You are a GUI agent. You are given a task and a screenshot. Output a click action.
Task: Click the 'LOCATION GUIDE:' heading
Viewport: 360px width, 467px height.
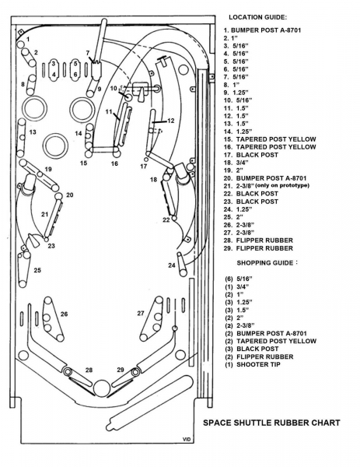pyautogui.click(x=257, y=17)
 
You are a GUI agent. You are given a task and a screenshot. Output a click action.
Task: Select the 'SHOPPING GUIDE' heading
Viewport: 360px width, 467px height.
pyautogui.click(x=265, y=263)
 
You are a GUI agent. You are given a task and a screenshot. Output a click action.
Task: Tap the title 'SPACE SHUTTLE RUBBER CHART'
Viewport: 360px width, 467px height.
pyautogui.click(x=271, y=423)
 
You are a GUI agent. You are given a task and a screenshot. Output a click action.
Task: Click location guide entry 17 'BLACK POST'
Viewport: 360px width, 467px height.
pyautogui.click(x=251, y=155)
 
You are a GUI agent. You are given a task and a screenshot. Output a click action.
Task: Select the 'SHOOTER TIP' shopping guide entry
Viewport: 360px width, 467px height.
pyautogui.click(x=253, y=364)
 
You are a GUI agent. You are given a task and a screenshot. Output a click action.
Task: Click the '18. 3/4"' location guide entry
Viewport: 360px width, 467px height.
pyautogui.click(x=236, y=163)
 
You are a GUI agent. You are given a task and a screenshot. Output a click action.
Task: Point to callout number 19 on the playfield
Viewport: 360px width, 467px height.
pyautogui.click(x=48, y=169)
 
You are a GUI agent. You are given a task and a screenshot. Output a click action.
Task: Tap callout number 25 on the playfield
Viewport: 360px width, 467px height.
pyautogui.click(x=37, y=270)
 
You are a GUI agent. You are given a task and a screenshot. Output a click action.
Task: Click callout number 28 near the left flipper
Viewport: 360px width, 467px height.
pyautogui.click(x=89, y=370)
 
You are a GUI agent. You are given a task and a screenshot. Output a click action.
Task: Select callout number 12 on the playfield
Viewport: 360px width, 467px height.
pyautogui.click(x=171, y=121)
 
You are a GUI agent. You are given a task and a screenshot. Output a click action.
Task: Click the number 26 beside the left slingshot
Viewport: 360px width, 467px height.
pyautogui.click(x=64, y=314)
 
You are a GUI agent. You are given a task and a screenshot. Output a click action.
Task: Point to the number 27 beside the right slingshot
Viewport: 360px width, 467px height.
pyautogui.click(x=141, y=313)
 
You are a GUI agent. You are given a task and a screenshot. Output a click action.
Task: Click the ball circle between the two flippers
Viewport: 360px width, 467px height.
pyautogui.click(x=102, y=388)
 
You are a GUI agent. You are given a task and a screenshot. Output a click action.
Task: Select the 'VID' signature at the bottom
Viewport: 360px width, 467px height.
pyautogui.click(x=187, y=439)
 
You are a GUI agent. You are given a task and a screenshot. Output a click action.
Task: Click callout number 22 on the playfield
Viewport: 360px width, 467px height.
pyautogui.click(x=166, y=219)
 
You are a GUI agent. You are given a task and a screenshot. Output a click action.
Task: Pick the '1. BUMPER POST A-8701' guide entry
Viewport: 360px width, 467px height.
pyautogui.click(x=262, y=30)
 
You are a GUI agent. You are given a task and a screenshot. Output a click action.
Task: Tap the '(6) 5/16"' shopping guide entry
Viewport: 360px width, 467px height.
pyautogui.click(x=239, y=279)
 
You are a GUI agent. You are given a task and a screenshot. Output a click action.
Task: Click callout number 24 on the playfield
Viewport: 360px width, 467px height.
pyautogui.click(x=172, y=265)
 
